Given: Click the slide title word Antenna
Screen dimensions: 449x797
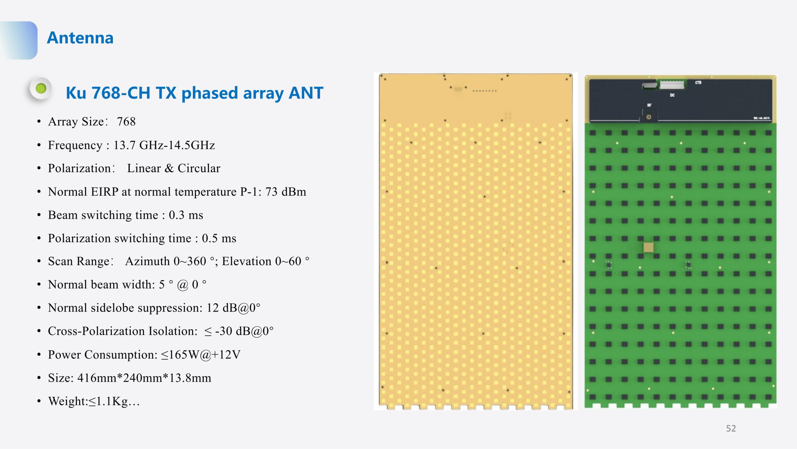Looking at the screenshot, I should click(x=80, y=38).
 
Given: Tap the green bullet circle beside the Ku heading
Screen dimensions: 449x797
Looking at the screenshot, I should click(x=41, y=88).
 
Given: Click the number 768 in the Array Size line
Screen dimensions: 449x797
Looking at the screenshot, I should click(x=126, y=122).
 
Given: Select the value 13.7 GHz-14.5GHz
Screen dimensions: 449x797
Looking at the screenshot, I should click(x=164, y=145).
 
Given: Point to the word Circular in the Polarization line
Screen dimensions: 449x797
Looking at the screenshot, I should click(x=199, y=168).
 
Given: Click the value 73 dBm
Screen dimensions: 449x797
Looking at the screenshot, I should click(x=285, y=192).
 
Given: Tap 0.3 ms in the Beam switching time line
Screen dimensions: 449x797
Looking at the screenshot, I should click(x=186, y=215).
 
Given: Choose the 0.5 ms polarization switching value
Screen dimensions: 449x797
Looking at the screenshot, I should click(x=219, y=238).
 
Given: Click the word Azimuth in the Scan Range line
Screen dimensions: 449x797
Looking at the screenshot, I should click(x=148, y=261).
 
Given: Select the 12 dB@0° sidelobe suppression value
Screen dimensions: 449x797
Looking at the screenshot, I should click(x=233, y=308).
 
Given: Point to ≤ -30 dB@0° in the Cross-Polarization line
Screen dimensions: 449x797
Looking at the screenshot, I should click(x=239, y=331).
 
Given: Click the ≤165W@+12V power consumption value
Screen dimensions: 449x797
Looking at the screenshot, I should click(x=201, y=355).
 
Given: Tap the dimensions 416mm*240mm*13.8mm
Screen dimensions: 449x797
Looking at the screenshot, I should click(x=144, y=378).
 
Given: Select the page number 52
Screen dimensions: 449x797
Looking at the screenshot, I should click(x=731, y=428).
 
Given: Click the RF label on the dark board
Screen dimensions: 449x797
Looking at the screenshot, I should click(x=649, y=105).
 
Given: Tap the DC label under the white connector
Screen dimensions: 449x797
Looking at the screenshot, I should click(x=672, y=95).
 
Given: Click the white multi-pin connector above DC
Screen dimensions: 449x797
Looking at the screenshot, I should click(x=672, y=85).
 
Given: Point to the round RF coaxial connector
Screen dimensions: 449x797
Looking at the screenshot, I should click(x=649, y=117).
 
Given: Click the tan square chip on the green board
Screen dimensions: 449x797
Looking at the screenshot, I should click(x=648, y=247).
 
